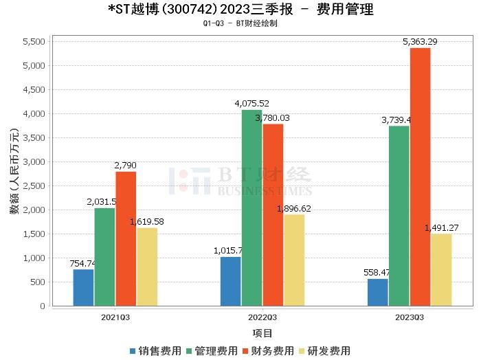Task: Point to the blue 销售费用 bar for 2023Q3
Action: [377, 292]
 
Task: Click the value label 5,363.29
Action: [420, 42]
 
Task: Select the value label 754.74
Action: [83, 263]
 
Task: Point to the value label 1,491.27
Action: [441, 227]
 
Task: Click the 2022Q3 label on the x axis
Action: [262, 317]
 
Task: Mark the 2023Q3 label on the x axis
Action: [410, 317]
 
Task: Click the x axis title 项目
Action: [262, 333]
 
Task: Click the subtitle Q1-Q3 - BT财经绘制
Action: [240, 23]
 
